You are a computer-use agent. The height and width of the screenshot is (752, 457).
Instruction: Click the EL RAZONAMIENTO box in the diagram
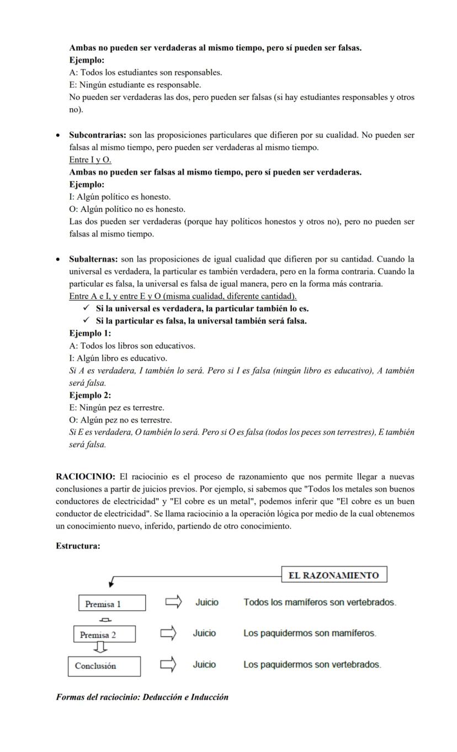pyautogui.click(x=334, y=574)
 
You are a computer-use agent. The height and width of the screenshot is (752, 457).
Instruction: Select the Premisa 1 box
pyautogui.click(x=112, y=603)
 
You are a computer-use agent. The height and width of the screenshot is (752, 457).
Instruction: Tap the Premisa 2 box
pyautogui.click(x=104, y=634)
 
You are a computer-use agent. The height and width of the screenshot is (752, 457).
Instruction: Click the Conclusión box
pyautogui.click(x=104, y=666)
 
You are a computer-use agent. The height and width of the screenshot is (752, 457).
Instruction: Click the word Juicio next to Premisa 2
pyautogui.click(x=204, y=633)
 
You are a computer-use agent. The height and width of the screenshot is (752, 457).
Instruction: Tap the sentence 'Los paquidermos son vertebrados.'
pyautogui.click(x=312, y=665)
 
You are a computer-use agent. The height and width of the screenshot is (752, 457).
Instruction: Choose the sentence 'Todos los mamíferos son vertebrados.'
pyautogui.click(x=320, y=602)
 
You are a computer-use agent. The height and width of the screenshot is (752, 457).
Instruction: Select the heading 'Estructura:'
pyautogui.click(x=78, y=546)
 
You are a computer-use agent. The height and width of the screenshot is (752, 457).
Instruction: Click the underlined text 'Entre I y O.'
pyautogui.click(x=90, y=160)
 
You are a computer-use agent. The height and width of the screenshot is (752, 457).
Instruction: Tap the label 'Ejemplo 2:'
pyautogui.click(x=90, y=396)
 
